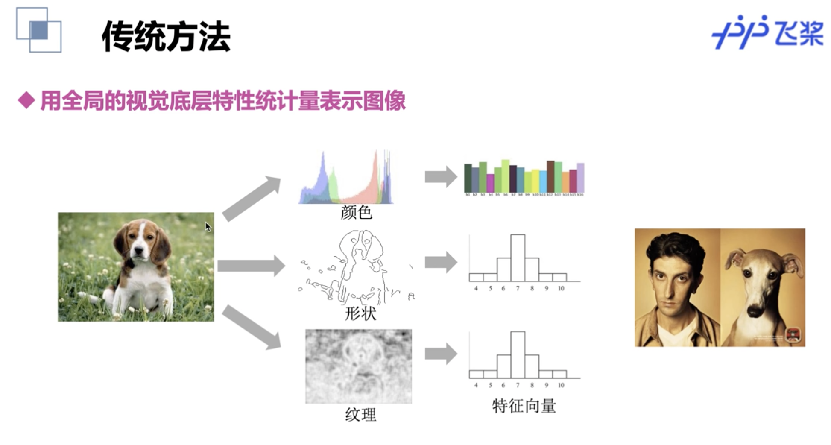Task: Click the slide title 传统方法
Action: [x=166, y=37]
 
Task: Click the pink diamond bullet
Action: [x=26, y=101]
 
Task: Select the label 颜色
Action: [x=356, y=212]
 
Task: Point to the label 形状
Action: [x=360, y=313]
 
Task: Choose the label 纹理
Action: [x=360, y=414]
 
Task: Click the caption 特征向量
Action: [x=524, y=406]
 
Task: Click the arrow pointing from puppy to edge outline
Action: [x=251, y=266]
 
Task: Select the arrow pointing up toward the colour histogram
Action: [x=252, y=199]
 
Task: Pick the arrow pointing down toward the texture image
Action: [x=252, y=327]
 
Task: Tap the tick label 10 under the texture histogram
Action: [x=561, y=385]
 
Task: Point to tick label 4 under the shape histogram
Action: [x=476, y=289]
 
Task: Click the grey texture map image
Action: [x=358, y=366]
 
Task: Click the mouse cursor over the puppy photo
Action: [x=208, y=226]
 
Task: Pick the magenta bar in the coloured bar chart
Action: [x=490, y=183]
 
